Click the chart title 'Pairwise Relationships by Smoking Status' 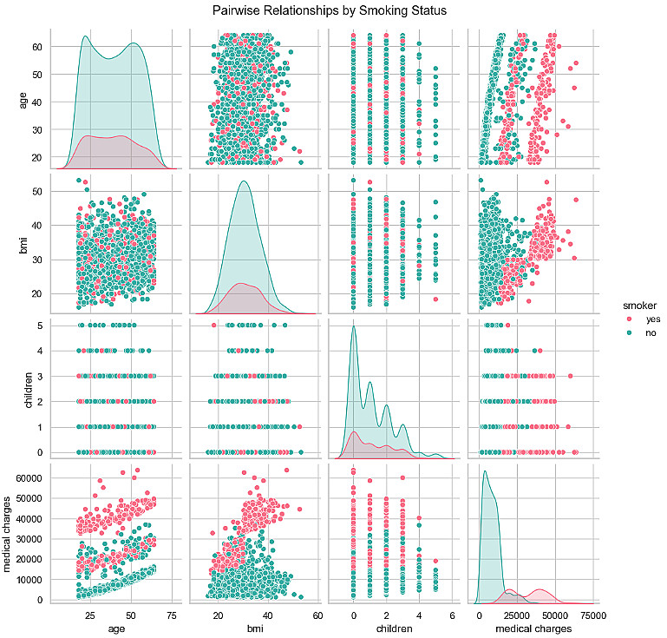333,11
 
